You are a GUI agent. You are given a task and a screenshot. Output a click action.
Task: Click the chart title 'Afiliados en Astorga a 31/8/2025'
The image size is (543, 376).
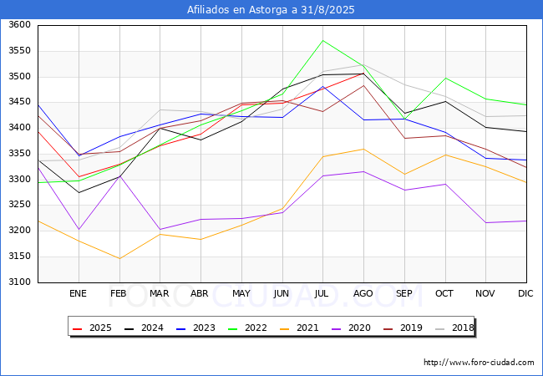(x=271, y=10)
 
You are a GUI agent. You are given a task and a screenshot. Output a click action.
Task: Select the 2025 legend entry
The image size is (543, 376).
(x=92, y=328)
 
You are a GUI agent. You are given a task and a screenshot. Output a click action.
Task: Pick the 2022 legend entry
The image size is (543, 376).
(x=247, y=328)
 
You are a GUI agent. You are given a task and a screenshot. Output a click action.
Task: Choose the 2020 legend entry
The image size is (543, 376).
(x=351, y=328)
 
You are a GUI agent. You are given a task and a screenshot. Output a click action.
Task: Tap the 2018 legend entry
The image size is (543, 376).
(x=454, y=328)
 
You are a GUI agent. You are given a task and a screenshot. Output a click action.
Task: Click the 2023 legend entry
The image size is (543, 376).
(x=195, y=328)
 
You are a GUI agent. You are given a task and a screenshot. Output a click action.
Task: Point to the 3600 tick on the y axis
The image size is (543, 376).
(x=19, y=25)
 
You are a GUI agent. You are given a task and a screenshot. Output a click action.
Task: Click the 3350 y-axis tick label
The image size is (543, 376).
(x=19, y=154)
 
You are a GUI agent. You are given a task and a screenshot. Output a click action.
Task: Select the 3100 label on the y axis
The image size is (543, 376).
(x=19, y=282)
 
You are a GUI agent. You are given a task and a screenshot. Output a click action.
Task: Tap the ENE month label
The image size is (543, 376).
(x=78, y=293)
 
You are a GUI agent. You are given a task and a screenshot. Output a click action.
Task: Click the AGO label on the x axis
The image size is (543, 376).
(x=363, y=293)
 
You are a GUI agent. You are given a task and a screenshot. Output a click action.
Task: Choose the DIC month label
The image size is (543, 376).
(x=525, y=293)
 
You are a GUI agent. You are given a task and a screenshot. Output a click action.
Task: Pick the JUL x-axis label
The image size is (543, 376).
(x=322, y=293)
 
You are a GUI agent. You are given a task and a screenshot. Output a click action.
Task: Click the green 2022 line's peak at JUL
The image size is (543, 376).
(x=322, y=40)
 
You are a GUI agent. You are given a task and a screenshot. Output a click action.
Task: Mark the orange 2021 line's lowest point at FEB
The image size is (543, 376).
(x=119, y=258)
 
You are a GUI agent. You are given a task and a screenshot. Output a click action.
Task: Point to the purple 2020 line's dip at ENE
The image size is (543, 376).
(x=79, y=229)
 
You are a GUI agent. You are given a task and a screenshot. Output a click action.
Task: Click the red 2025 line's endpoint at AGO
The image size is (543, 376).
(x=363, y=73)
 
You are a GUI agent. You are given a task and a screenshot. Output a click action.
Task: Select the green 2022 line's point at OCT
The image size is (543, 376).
(x=445, y=78)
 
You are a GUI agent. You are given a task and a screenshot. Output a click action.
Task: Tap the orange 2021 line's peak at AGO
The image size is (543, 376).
(x=363, y=149)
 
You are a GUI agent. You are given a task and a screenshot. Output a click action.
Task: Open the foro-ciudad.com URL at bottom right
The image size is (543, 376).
(x=479, y=363)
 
